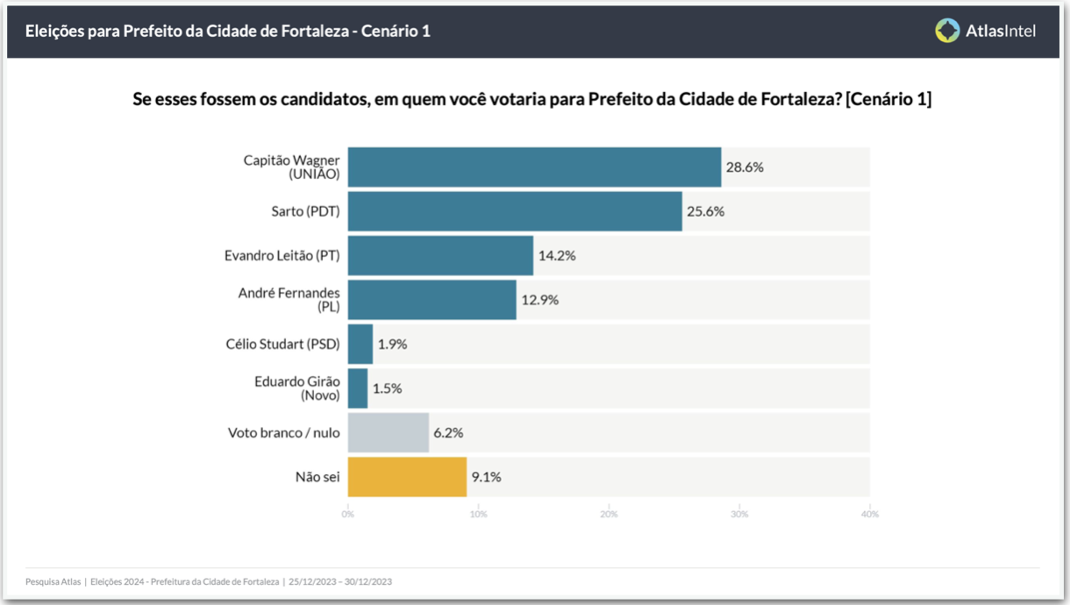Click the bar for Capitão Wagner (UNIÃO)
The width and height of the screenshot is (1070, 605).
(534, 167)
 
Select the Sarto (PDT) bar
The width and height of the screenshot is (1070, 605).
(515, 211)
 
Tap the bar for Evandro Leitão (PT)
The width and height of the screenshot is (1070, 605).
(440, 256)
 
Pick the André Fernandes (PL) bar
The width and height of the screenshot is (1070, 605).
(432, 300)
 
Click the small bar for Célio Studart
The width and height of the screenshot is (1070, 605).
(360, 344)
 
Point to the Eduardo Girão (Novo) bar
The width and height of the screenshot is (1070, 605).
(358, 388)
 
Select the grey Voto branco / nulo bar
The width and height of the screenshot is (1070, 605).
(389, 432)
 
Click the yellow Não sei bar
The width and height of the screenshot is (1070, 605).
(407, 477)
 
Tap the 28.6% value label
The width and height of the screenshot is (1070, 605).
(744, 167)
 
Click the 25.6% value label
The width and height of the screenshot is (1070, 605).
(705, 211)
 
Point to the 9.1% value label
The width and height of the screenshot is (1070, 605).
(487, 477)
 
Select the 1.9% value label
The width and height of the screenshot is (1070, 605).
(392, 344)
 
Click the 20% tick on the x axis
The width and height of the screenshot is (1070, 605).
(609, 514)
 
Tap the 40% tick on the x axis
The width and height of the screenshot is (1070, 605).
(869, 514)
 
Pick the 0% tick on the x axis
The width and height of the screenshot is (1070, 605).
(348, 514)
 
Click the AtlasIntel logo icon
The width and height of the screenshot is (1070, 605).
(947, 31)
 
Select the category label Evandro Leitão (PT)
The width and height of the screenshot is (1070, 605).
(282, 256)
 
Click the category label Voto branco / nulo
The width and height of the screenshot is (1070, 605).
(283, 432)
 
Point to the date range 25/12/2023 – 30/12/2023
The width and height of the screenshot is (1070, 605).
(339, 581)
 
